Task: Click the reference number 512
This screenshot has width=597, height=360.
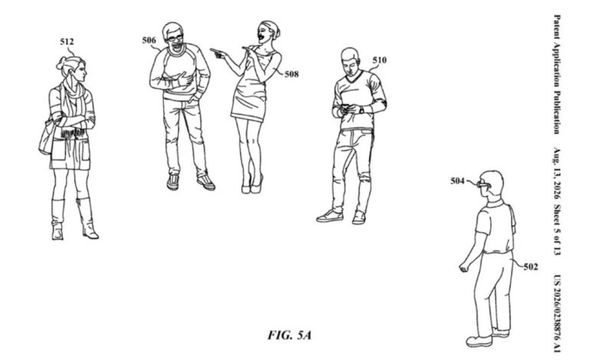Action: (x=67, y=41)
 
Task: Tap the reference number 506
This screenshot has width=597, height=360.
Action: (x=149, y=40)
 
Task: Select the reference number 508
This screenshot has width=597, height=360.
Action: (x=292, y=74)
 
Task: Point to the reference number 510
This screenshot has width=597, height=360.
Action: (x=379, y=61)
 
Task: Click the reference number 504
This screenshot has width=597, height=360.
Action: (x=458, y=181)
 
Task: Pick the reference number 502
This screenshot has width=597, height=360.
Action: (x=530, y=267)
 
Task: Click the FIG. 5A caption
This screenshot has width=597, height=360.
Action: (x=289, y=335)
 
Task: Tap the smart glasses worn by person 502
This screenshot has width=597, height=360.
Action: (x=484, y=185)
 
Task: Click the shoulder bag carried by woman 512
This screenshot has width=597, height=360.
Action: (x=46, y=137)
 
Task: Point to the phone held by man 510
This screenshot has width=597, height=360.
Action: (x=345, y=107)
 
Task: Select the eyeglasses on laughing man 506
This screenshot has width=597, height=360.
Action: (x=174, y=38)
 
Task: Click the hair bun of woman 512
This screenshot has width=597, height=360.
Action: (x=61, y=63)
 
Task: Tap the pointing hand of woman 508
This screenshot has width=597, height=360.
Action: (x=217, y=53)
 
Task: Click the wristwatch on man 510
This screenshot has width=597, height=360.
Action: (x=361, y=110)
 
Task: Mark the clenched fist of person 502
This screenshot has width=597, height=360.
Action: (x=464, y=267)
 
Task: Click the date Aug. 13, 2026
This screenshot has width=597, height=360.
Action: (x=556, y=174)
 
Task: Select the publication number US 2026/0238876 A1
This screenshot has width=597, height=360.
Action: (x=556, y=313)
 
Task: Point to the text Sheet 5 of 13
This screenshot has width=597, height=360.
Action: (x=556, y=230)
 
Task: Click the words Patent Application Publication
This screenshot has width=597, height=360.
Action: (x=556, y=74)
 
